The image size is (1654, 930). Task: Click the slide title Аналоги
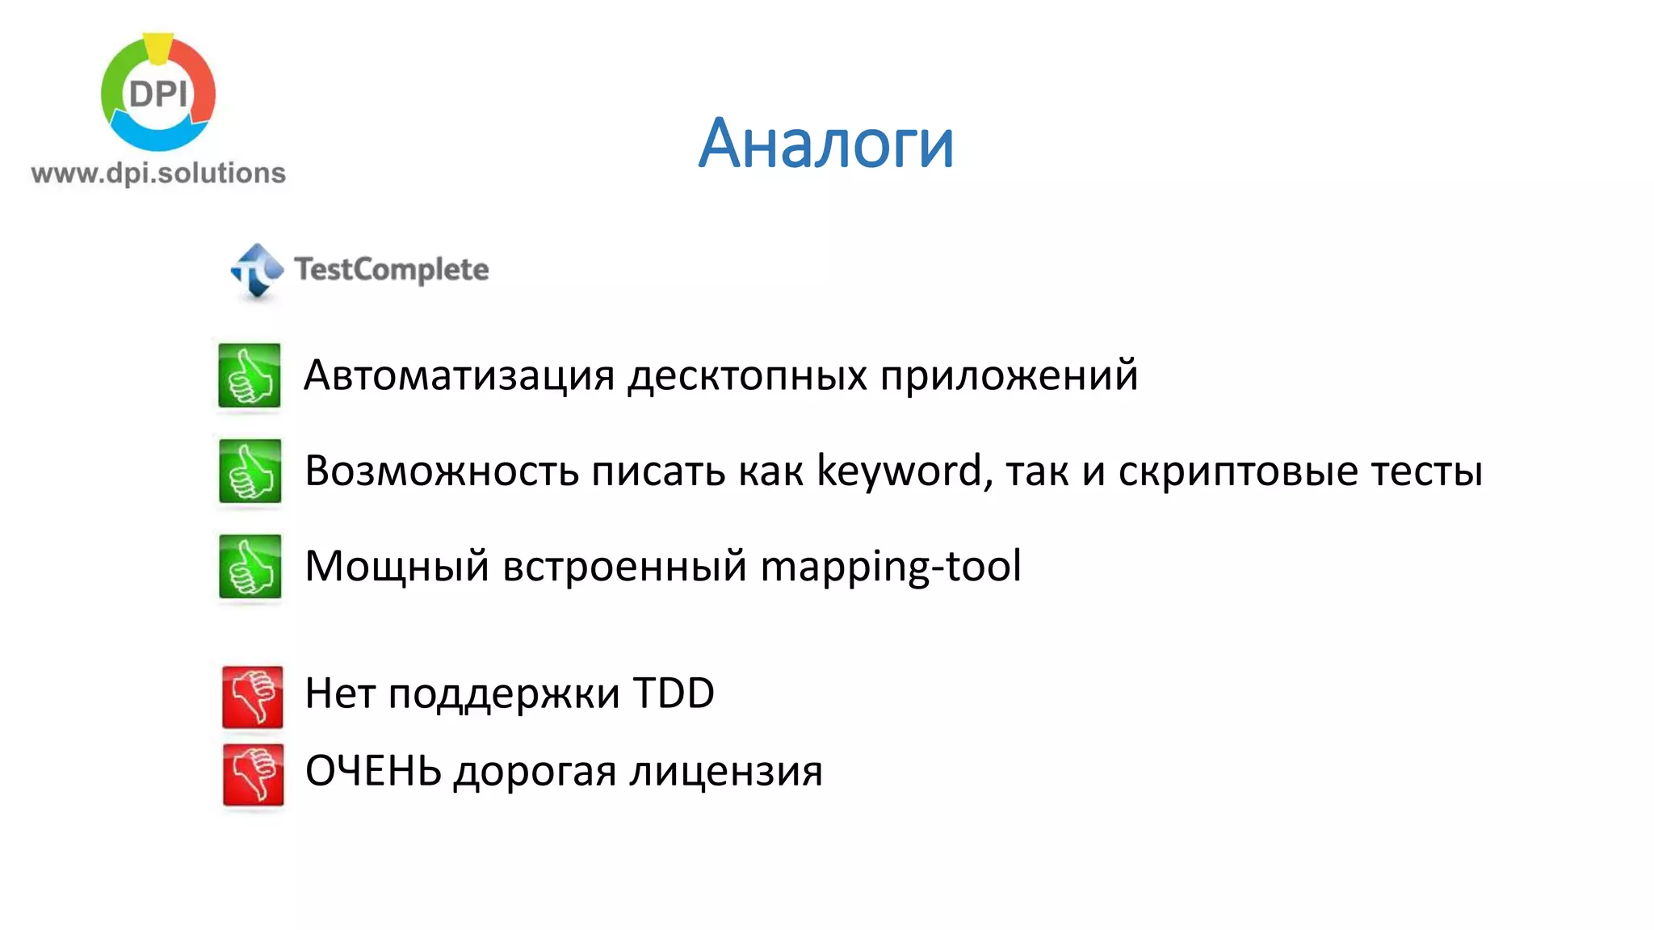[x=825, y=144]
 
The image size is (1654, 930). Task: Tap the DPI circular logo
[x=158, y=94]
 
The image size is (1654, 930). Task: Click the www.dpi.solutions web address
[x=158, y=174]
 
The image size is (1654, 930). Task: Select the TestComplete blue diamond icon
[x=257, y=270]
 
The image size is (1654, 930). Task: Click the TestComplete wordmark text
[x=392, y=270]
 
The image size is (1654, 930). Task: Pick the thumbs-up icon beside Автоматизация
[x=250, y=376]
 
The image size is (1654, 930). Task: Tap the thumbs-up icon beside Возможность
[x=250, y=471]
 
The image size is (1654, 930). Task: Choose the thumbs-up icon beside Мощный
[x=250, y=567]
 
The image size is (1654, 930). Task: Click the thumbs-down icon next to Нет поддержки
[x=253, y=697]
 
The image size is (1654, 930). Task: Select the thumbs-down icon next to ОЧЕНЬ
[x=254, y=774]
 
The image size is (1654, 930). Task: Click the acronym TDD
[x=674, y=693]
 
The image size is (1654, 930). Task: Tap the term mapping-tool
[x=891, y=567]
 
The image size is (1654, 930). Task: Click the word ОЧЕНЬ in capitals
[x=373, y=771]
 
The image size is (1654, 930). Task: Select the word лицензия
[x=725, y=772]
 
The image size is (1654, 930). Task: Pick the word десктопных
[x=747, y=376]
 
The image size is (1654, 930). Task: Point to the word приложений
[x=1009, y=376]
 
